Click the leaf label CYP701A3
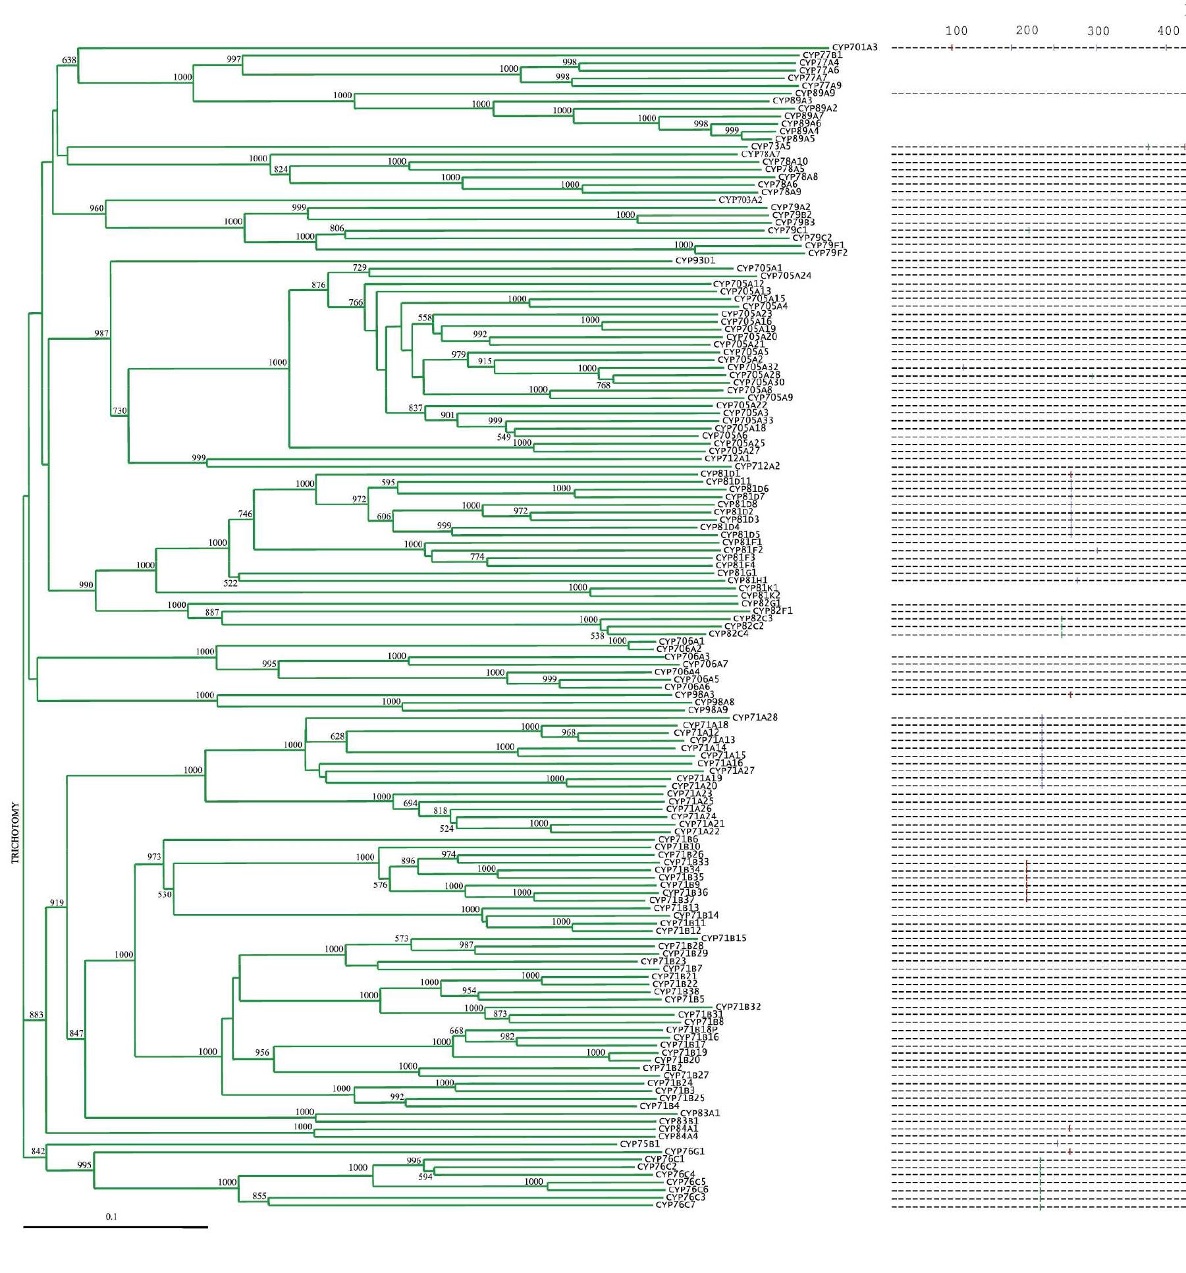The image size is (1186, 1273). [x=854, y=47]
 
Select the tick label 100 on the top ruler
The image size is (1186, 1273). [x=956, y=31]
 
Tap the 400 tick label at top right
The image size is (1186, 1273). [x=1168, y=31]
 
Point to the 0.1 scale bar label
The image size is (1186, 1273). [x=111, y=1216]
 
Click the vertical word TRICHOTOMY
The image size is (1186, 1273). [x=15, y=832]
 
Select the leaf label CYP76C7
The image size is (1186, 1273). [x=675, y=1205]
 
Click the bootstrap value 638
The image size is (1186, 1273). [x=69, y=60]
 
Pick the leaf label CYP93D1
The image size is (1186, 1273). [x=695, y=260]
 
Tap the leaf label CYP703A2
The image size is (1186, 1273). [x=740, y=200]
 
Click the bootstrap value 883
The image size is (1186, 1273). [x=36, y=1015]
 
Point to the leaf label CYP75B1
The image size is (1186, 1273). [x=639, y=1144]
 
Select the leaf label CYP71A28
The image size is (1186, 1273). [x=755, y=717]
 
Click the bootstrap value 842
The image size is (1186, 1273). [x=38, y=1151]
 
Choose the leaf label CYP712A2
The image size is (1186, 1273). [x=757, y=466]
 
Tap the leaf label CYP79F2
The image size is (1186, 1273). [x=827, y=253]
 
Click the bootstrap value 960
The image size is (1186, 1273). [x=96, y=208]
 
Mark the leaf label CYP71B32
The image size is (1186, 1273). [x=738, y=1006]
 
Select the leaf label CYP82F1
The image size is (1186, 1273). [x=772, y=610]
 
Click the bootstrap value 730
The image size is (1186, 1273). [x=119, y=410]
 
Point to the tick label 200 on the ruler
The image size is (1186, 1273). [x=1027, y=30]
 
